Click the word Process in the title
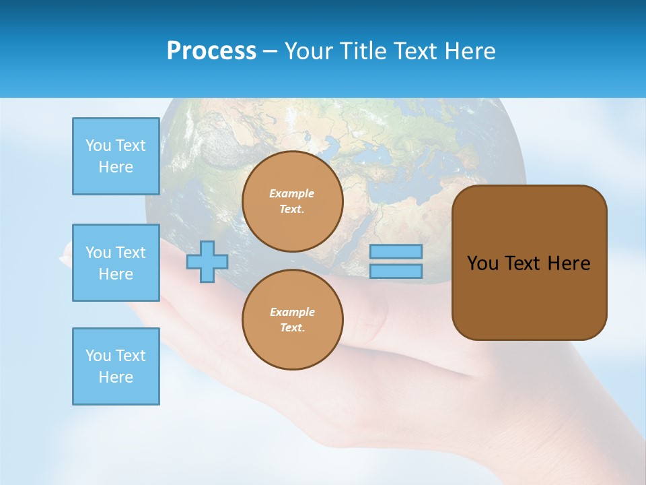tap(211, 51)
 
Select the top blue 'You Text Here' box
tap(116, 156)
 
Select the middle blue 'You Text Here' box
tap(116, 263)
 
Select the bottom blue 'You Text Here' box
tap(116, 366)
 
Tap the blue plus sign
tap(207, 262)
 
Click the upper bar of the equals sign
tap(396, 252)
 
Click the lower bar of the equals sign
tap(396, 271)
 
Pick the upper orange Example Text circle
tap(293, 201)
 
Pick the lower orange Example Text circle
tap(293, 320)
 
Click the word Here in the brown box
tap(569, 263)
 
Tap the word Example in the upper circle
tap(292, 194)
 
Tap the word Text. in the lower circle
tap(292, 328)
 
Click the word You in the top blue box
tap(98, 145)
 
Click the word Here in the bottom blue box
tap(116, 377)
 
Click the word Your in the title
tap(309, 51)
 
